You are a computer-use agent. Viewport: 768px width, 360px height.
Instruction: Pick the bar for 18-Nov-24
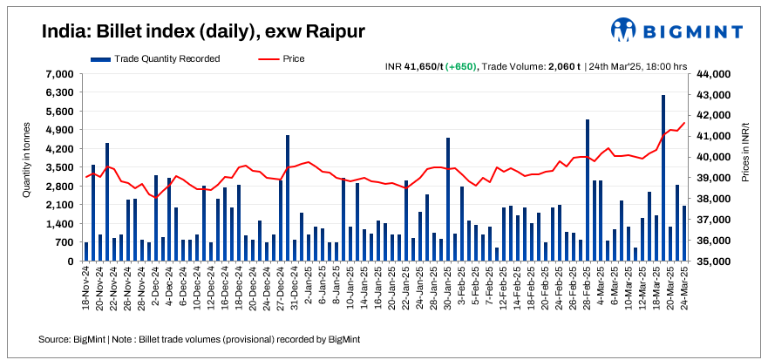point(85,252)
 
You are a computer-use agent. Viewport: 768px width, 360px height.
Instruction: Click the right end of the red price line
point(684,122)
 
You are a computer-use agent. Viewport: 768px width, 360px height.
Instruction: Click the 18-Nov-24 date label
point(86,289)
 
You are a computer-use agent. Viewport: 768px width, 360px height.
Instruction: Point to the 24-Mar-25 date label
point(684,289)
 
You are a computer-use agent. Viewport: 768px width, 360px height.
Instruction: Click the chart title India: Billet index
point(203,31)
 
